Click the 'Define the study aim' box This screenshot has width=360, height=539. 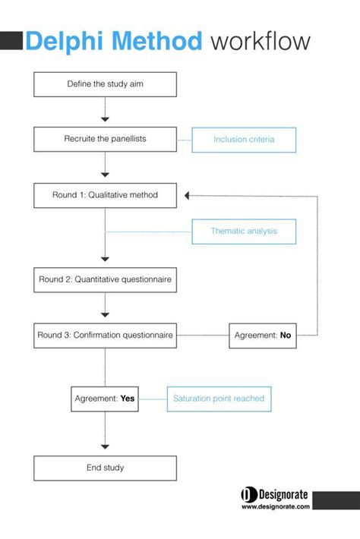(x=105, y=84)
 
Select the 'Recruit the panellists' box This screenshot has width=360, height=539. (x=105, y=140)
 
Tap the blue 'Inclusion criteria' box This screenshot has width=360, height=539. (x=243, y=140)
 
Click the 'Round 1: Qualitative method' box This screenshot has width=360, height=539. (x=105, y=195)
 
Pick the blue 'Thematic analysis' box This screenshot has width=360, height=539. (x=243, y=231)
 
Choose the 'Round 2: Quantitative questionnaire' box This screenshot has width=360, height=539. (x=105, y=279)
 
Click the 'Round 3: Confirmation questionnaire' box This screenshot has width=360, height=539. (x=105, y=335)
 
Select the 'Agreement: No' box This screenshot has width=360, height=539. (x=262, y=335)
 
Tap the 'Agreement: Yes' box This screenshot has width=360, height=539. (x=105, y=399)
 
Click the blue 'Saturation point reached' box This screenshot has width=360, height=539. (x=219, y=399)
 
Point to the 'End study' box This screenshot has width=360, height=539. (x=105, y=468)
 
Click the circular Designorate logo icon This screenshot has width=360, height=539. (x=248, y=495)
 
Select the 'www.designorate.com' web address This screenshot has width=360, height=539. (x=275, y=507)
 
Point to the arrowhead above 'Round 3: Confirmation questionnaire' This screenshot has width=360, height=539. (x=105, y=314)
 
